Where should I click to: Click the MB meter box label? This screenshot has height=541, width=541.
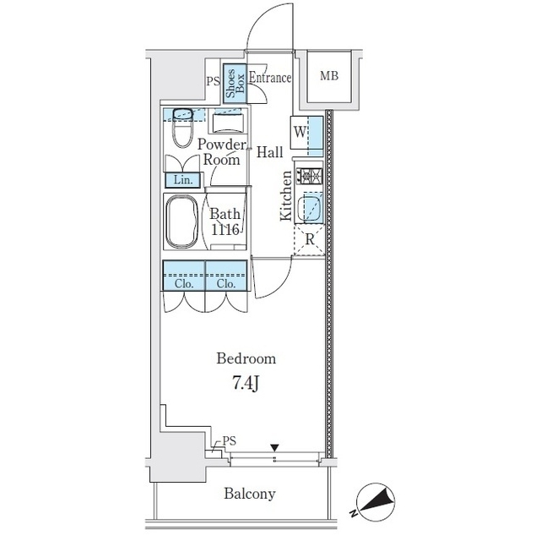(329, 76)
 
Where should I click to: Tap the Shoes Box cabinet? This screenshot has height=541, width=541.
(235, 84)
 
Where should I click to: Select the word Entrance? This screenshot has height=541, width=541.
(270, 78)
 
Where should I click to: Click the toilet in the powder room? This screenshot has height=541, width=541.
(182, 127)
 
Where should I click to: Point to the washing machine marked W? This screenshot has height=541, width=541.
(306, 133)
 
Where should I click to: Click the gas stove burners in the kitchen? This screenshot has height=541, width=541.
(311, 176)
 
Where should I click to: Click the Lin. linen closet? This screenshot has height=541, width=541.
(182, 180)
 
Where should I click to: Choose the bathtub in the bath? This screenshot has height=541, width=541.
(182, 221)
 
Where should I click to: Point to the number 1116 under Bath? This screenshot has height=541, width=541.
(225, 229)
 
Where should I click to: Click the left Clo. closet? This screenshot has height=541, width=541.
(184, 276)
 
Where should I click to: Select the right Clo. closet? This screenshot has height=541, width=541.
(226, 276)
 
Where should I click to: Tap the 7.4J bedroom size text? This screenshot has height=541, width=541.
(246, 383)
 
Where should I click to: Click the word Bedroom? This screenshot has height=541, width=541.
(246, 358)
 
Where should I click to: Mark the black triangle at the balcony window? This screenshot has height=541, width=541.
(274, 448)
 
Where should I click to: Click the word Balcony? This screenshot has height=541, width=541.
(250, 494)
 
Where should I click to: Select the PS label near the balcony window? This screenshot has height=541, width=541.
(229, 440)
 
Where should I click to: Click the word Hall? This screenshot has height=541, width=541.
(270, 152)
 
